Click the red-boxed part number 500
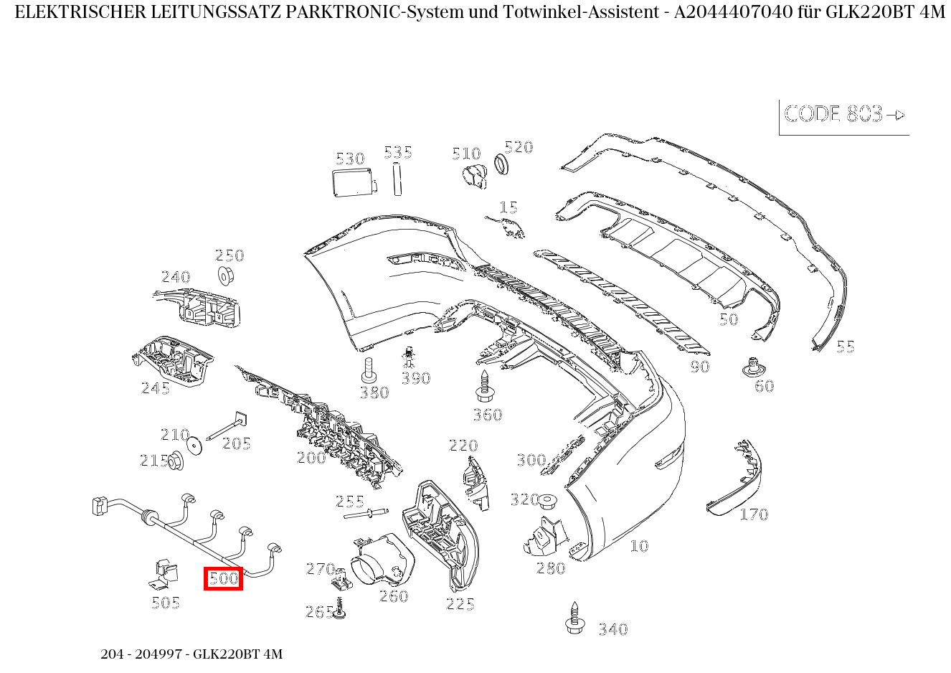(x=223, y=578)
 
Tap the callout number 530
(x=350, y=159)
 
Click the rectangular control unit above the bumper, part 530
(x=353, y=182)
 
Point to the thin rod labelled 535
(x=396, y=179)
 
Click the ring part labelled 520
(x=503, y=164)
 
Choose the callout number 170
(x=754, y=514)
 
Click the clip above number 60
(x=751, y=367)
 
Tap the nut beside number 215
(x=175, y=461)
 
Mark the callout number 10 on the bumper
(x=638, y=546)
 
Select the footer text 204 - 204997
(x=144, y=654)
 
